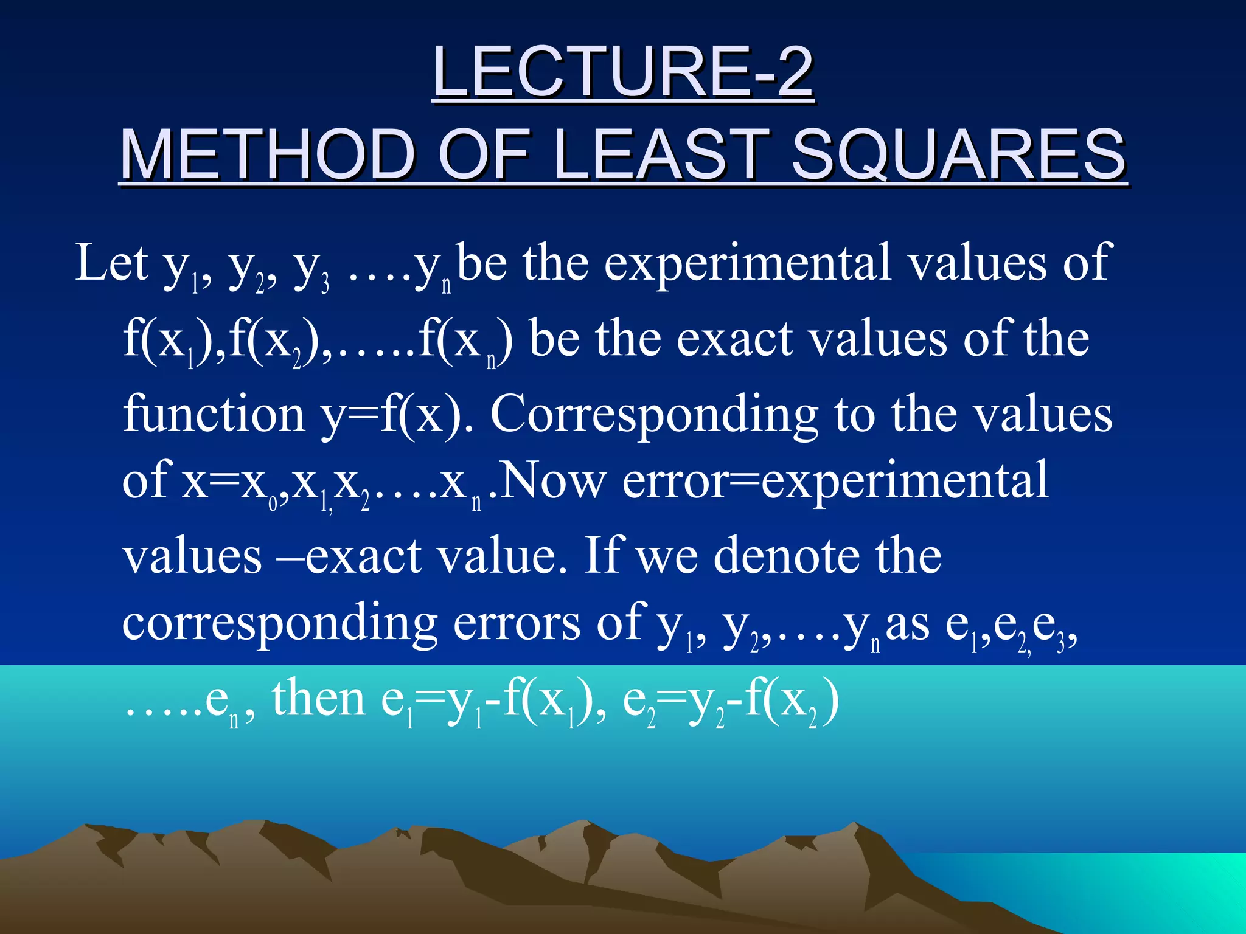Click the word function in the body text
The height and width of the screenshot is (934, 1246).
214,414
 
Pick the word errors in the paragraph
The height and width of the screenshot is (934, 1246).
517,623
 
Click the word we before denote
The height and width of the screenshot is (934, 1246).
667,556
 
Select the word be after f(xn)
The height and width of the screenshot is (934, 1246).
554,339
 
